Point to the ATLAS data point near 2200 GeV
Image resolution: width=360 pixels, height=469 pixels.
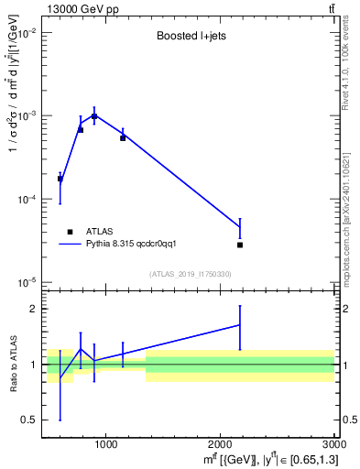(240, 245)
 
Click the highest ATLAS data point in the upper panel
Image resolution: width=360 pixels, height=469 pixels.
(94, 116)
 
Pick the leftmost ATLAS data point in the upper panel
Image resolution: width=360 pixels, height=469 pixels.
(60, 179)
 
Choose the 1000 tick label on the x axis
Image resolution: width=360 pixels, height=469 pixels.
(105, 445)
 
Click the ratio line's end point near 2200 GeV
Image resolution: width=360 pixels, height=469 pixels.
(240, 324)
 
